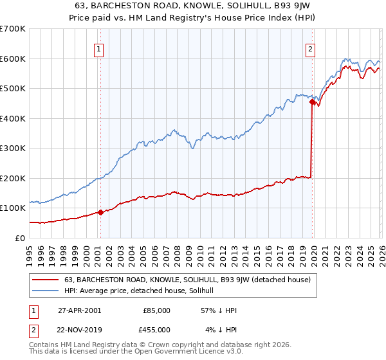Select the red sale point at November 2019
312,102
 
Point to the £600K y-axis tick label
13,59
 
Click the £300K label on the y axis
13,148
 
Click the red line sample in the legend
46,280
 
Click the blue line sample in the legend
46,291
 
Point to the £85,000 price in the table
156,310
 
